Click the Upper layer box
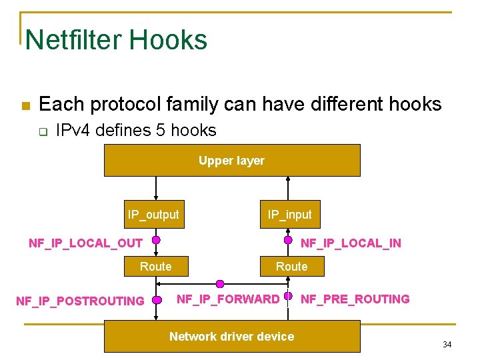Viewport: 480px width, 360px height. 231,160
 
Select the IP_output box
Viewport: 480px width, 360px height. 153,215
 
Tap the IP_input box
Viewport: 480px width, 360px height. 289,215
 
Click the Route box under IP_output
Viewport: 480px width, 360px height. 155,267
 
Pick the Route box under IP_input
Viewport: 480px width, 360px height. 292,267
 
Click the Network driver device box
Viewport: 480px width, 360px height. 231,336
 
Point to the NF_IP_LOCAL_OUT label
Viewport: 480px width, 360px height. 85,243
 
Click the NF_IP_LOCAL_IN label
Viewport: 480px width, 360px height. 351,243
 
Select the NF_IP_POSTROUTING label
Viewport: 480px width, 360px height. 80,301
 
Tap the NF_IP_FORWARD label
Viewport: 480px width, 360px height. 228,299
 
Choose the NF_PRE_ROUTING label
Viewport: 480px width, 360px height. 355,299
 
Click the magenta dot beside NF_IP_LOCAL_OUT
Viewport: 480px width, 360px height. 156,240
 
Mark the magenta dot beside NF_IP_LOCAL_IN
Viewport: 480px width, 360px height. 288,240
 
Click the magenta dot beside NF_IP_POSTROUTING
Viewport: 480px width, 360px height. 156,300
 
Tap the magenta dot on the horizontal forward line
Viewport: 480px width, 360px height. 220,284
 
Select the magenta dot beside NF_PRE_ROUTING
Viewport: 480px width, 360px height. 288,296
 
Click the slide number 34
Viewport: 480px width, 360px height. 447,345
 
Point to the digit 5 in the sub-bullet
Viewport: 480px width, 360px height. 160,131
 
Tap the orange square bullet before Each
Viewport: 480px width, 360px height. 25,106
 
